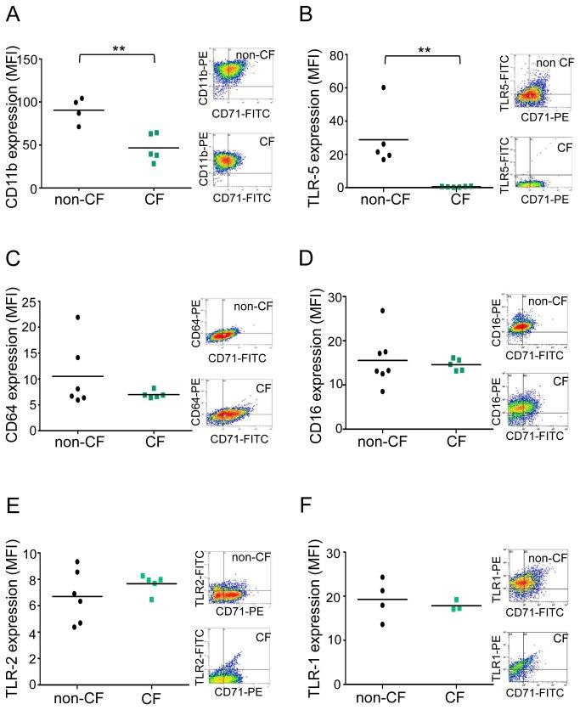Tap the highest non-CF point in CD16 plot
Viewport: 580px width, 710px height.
coord(384,311)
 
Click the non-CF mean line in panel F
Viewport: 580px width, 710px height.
coord(383,600)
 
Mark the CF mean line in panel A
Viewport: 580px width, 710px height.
coord(154,148)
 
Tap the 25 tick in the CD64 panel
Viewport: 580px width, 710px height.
coord(36,301)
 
